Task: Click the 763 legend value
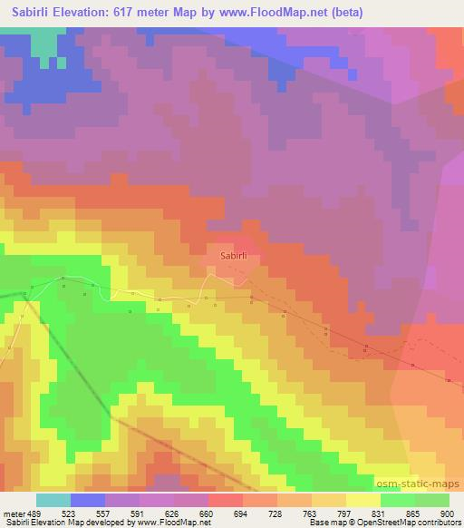click(x=311, y=513)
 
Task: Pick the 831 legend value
click(x=380, y=513)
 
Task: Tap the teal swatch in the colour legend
click(x=53, y=500)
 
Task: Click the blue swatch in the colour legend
click(x=87, y=500)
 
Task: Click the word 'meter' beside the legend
click(x=13, y=513)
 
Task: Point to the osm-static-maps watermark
click(x=427, y=484)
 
